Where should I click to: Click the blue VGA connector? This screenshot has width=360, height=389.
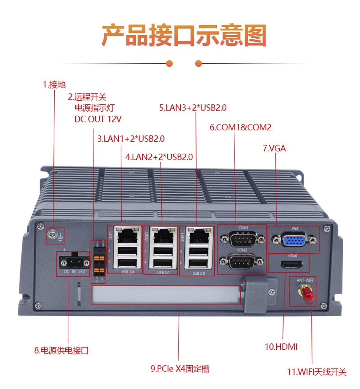click(293, 239)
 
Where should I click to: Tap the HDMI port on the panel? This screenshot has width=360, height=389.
click(291, 264)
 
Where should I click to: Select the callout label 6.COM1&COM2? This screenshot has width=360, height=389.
click(240, 128)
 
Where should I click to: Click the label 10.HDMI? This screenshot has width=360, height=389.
click(281, 347)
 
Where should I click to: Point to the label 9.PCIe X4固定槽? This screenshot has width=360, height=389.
click(180, 368)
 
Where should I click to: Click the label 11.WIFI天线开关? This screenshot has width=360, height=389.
click(317, 372)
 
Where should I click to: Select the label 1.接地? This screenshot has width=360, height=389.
click(54, 85)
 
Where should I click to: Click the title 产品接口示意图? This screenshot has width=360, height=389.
click(184, 35)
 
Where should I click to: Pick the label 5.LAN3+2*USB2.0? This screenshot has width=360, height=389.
click(193, 108)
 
